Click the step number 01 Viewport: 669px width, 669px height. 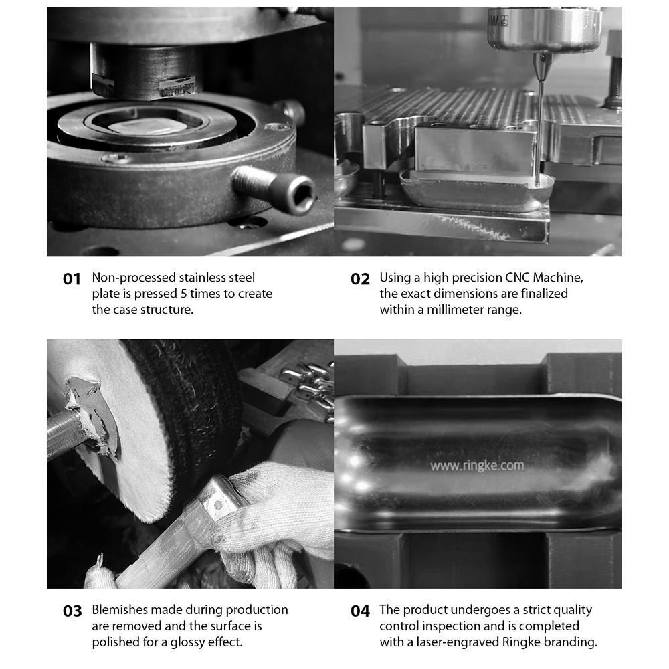coord(72,280)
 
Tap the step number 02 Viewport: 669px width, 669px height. coord(360,280)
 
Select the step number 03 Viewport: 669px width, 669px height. coord(72,611)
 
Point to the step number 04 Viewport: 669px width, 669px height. coord(360,611)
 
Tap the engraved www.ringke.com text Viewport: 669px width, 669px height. coord(476,466)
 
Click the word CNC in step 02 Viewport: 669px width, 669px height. coord(517,278)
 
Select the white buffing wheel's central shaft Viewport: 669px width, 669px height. coord(66,430)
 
